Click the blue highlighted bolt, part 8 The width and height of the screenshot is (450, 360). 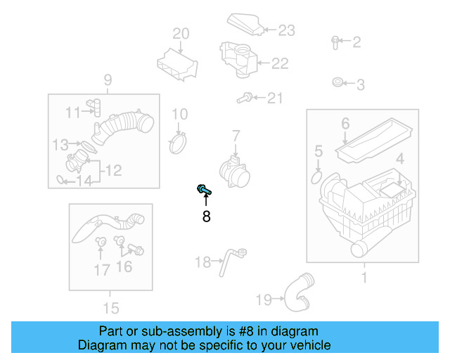[x=203, y=189]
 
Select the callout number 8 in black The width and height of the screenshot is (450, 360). [x=206, y=217]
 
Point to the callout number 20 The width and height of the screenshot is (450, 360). [x=181, y=33]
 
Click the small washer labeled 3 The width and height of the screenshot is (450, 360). [x=337, y=84]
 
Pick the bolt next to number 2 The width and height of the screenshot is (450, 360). [x=335, y=42]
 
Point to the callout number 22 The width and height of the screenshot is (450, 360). [x=280, y=64]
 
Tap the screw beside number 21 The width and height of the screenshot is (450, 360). [x=245, y=98]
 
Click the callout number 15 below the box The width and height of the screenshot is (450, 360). [x=110, y=307]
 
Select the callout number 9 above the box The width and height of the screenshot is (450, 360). [x=108, y=79]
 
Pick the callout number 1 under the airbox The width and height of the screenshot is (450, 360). [x=364, y=278]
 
